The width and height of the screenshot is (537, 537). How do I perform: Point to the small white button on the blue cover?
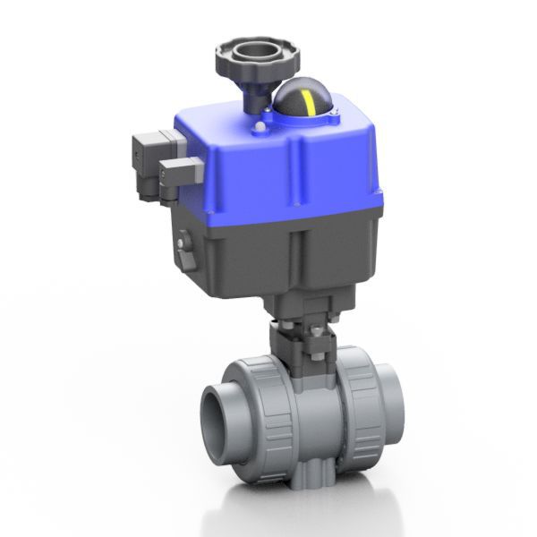coord(260,128)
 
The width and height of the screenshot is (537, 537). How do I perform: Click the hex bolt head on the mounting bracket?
coord(315,335)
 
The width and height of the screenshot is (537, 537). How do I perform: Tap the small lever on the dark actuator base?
coord(186,245)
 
